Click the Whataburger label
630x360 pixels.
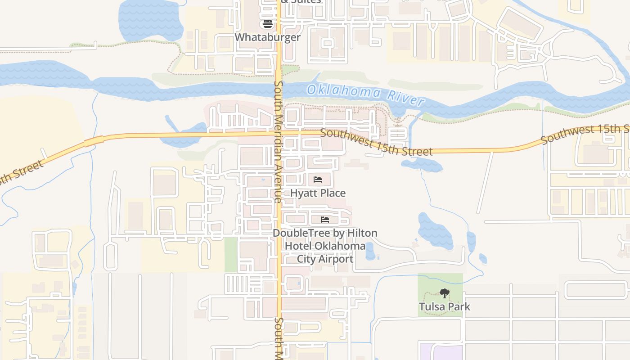point(267,37)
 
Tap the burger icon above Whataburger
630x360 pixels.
point(268,24)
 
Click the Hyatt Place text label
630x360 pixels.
point(318,193)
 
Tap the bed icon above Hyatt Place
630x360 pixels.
point(318,180)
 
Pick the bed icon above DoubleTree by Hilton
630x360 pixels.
point(325,220)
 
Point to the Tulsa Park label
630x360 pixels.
point(444,307)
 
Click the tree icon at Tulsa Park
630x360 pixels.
point(445,294)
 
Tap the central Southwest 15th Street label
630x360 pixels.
point(376,142)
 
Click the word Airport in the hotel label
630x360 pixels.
point(336,259)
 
